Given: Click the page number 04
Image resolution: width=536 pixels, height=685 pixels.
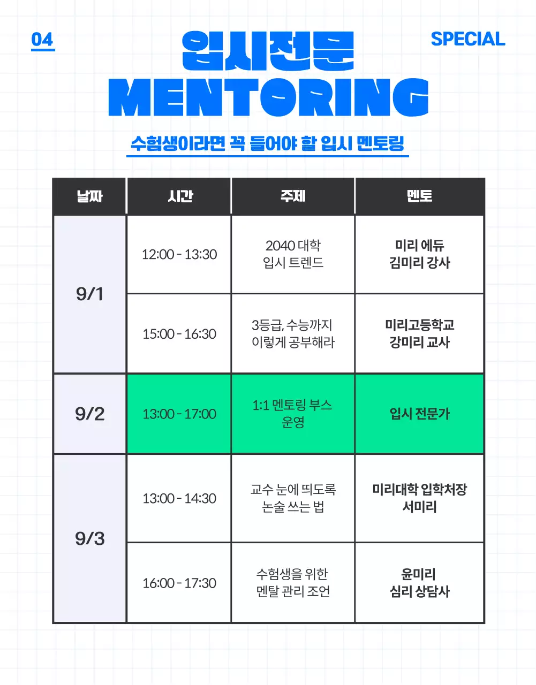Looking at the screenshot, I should (42, 40).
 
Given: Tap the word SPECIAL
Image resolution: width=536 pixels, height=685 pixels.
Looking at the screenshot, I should (467, 39).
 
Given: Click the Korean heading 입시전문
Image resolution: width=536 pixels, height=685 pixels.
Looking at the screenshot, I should (268, 51).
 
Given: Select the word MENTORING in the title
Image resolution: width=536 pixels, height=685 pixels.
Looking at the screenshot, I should (268, 97).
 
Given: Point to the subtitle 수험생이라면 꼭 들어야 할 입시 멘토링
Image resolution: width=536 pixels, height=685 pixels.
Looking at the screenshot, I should (267, 143).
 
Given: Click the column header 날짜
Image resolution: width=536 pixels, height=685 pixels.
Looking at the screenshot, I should (89, 196).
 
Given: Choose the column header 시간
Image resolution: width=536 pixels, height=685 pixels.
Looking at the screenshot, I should (179, 196).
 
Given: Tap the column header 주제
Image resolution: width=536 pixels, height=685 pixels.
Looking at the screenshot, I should (293, 196).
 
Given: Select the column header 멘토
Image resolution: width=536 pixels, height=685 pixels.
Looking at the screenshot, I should (419, 196).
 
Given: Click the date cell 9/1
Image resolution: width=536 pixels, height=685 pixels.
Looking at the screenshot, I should (89, 294).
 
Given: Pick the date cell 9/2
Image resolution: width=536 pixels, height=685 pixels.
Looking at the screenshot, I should (89, 414).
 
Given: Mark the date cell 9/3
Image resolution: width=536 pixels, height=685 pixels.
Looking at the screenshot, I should (89, 538).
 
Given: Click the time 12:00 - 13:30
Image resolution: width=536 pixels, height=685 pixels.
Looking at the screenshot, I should (179, 254).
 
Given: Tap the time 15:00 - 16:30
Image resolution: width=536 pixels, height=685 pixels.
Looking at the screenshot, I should (179, 334).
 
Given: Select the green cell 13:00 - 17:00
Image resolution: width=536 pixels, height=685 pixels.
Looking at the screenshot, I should (179, 414).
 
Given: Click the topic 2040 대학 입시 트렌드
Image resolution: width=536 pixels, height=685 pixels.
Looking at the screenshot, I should (293, 254).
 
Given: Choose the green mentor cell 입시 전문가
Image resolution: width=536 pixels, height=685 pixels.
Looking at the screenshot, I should (419, 414).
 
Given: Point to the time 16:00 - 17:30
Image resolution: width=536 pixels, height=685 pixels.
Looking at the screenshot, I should (179, 583).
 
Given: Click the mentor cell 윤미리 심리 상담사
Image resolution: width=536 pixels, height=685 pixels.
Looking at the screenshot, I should (419, 583).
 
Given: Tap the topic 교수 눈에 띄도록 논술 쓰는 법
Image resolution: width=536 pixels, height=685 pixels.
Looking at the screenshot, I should (293, 498).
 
